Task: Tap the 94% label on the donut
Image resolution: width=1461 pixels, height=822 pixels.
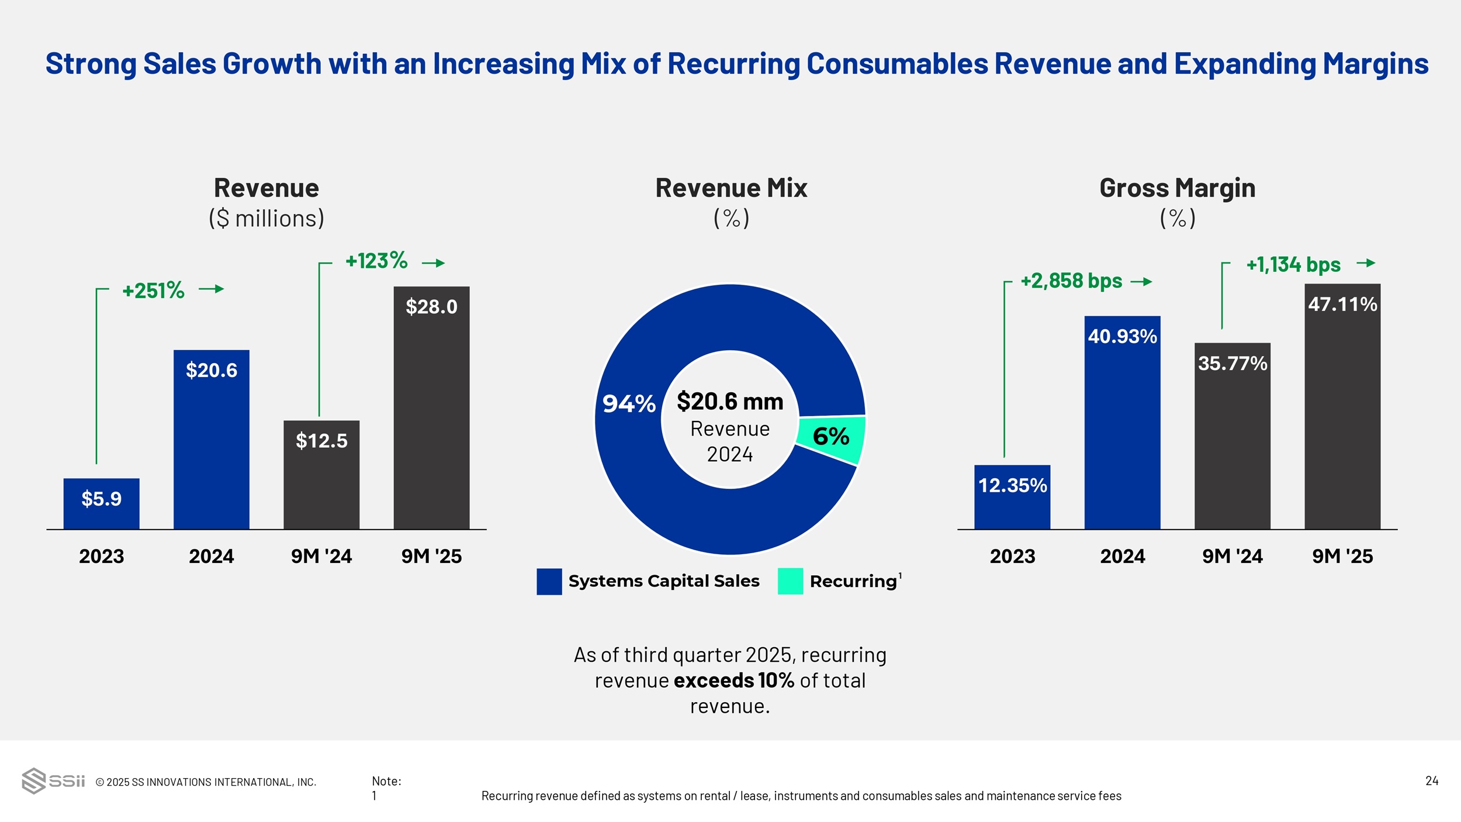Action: pos(629,403)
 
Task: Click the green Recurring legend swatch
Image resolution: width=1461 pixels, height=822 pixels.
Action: pos(790,581)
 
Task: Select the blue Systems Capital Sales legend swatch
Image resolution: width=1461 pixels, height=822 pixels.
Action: pos(549,581)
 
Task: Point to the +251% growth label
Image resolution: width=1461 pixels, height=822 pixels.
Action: pos(153,290)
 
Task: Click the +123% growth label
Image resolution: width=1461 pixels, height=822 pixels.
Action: pos(376,261)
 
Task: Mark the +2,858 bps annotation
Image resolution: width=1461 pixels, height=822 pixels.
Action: pos(1071,281)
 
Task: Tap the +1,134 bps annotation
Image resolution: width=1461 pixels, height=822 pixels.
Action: pos(1293,264)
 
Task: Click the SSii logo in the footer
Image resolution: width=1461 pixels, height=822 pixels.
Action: pos(53,780)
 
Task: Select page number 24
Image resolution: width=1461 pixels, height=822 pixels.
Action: pos(1432,780)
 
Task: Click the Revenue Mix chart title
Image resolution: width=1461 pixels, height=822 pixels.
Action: pos(730,188)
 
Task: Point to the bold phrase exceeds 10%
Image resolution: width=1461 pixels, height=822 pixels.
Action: pos(733,681)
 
